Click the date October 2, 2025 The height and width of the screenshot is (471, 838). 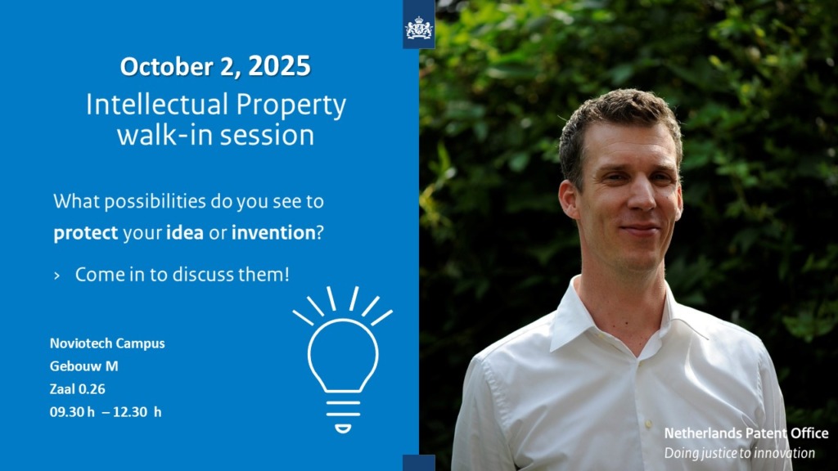215,66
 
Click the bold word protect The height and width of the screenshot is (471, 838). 85,233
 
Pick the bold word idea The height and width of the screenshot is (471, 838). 185,232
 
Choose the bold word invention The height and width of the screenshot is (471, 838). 273,232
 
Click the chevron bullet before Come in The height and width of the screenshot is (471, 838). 56,276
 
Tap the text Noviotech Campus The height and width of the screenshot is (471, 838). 107,343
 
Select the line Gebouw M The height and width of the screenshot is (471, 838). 84,366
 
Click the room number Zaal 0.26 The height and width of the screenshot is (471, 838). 78,389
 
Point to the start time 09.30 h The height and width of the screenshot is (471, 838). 72,412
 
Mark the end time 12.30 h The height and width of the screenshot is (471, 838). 137,412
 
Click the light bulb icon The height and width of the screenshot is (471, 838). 343,359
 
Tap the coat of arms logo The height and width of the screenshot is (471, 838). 418,29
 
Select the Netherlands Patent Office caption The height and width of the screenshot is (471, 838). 746,433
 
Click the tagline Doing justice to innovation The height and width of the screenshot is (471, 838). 739,453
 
